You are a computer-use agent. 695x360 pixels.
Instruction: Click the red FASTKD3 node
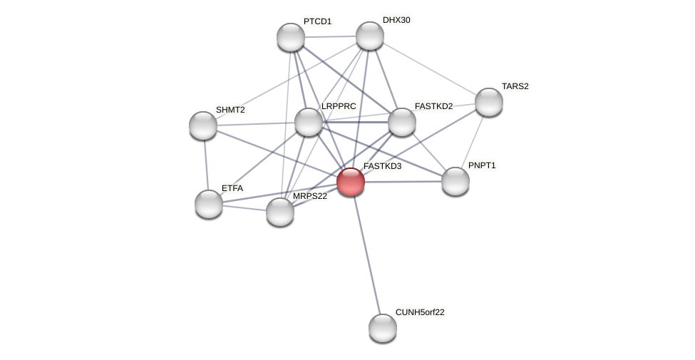tap(351, 181)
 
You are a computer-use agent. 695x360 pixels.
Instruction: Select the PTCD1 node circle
tap(291, 37)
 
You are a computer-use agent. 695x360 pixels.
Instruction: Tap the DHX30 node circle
tap(369, 36)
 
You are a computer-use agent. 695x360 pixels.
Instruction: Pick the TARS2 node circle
tap(489, 102)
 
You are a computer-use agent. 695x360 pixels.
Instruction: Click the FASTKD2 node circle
tap(402, 122)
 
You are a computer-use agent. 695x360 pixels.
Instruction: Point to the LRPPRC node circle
tap(309, 122)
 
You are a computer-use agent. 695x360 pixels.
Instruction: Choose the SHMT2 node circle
tap(203, 125)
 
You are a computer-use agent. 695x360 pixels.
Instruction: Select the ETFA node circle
tap(209, 204)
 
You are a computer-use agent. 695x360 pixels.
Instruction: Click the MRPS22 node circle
tap(280, 211)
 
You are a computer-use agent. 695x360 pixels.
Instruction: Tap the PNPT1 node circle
tap(455, 180)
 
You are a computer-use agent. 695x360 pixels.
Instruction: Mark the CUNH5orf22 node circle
tap(383, 327)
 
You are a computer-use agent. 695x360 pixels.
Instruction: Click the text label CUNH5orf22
tap(420, 312)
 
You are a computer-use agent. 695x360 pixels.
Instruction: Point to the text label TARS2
tap(515, 86)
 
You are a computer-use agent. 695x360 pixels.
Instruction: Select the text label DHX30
tap(396, 20)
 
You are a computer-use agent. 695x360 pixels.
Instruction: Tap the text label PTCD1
tap(317, 21)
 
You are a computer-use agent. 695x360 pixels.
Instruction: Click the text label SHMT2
tap(230, 110)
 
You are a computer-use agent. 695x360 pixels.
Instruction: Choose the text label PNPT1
tap(482, 165)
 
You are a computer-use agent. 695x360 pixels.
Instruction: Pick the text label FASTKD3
tap(382, 166)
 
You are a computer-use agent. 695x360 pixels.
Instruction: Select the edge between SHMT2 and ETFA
tap(206, 165)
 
